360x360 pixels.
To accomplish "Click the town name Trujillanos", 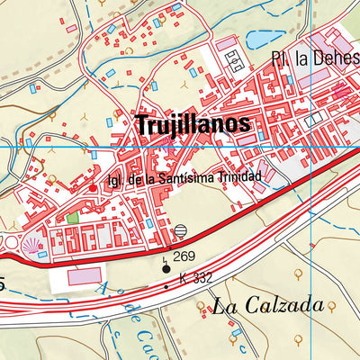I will pos(193,126).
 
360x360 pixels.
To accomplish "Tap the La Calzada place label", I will pos(267,306).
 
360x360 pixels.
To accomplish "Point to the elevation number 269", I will pos(184,256).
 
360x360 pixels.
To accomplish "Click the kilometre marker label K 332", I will pos(195,278).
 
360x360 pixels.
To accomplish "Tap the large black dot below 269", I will pos(165,267).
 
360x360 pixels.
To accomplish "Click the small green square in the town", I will pos(72,218).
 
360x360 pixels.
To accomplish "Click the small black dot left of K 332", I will pos(166,286).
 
